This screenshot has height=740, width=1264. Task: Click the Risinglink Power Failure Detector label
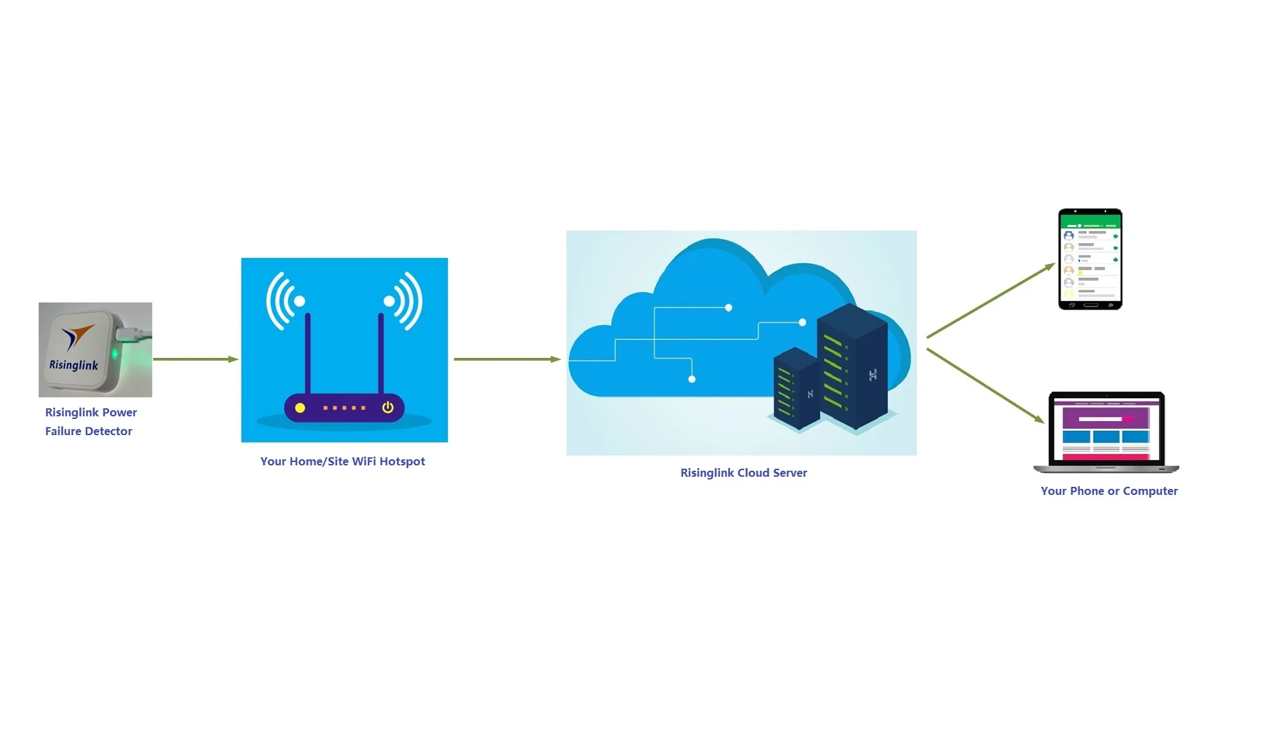[90, 422]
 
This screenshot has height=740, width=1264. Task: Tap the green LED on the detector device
[115, 354]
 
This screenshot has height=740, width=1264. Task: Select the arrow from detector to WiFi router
[195, 359]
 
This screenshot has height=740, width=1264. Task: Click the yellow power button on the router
[388, 408]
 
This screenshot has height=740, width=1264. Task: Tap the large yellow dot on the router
[300, 408]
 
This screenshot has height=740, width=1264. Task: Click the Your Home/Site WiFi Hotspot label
[343, 461]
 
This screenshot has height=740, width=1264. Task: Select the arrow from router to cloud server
[507, 359]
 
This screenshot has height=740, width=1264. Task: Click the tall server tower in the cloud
[852, 366]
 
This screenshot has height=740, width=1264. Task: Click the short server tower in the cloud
[797, 388]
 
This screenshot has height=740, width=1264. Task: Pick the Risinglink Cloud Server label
[743, 473]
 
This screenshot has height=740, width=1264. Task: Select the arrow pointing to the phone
[991, 300]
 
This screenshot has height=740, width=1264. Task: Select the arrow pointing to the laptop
[985, 385]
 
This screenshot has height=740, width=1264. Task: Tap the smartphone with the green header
[1090, 259]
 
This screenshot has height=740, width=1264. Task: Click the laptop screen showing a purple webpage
[1106, 428]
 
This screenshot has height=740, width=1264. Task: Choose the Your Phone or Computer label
[1109, 491]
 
